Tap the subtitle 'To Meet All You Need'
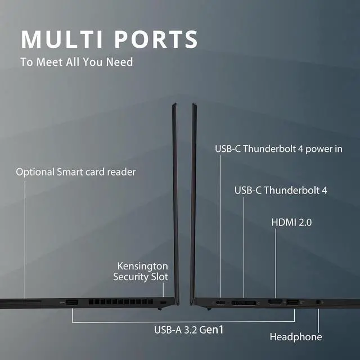tap(76, 62)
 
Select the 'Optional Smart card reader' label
tap(75, 172)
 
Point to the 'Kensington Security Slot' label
tap(142, 271)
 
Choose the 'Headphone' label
tap(296, 337)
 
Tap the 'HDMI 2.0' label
tap(291, 222)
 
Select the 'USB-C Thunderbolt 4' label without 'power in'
tap(281, 190)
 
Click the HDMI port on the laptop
tap(275, 303)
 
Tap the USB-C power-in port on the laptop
tap(220, 304)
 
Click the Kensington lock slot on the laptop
tap(164, 303)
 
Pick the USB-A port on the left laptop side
tap(71, 303)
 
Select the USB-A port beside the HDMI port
tap(292, 303)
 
